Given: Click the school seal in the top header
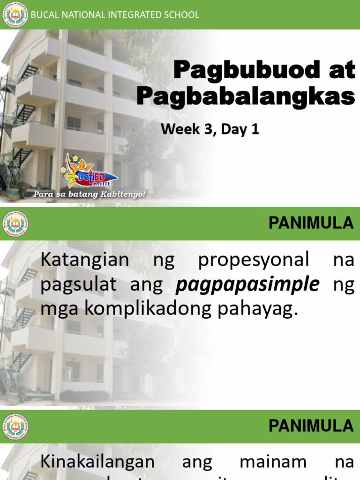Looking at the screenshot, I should coord(15,15).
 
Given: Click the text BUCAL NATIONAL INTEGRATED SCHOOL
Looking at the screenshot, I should coord(115,15).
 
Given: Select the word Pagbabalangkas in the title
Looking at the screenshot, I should coord(246,97).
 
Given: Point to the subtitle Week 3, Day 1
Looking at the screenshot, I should coord(210,129).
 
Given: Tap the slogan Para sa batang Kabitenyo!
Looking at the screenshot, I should coord(89,194).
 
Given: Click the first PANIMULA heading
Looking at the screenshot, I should coord(311,224).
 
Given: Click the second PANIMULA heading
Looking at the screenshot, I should coord(311,426).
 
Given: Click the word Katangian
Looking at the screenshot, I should coord(85,260).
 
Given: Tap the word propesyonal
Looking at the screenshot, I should coord(254,260).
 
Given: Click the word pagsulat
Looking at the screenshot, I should coord(78,285).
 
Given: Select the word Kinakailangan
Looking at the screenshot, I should coord(97,462).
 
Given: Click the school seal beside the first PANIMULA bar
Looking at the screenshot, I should coord(15,224).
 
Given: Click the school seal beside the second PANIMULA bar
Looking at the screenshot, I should coord(15,427).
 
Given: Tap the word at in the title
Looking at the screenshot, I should coord(339,71).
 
